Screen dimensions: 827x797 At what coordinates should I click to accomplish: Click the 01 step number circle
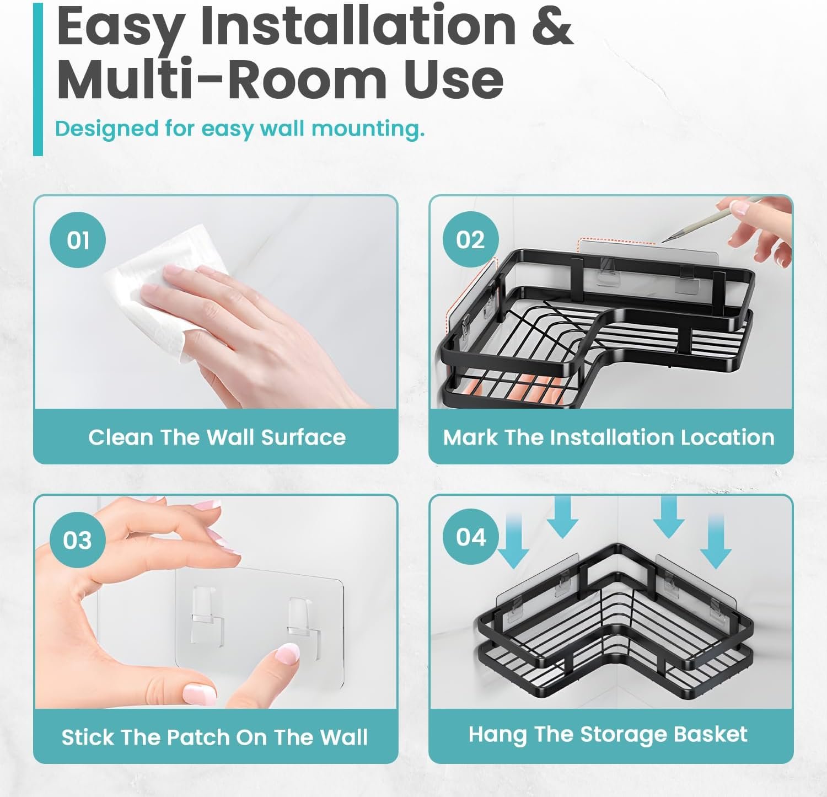(x=78, y=240)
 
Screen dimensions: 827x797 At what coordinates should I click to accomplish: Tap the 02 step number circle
(x=471, y=240)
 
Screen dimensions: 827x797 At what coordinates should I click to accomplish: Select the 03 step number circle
(x=77, y=540)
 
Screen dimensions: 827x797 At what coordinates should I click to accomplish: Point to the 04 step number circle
(x=471, y=537)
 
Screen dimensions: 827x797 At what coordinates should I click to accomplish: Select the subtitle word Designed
(x=106, y=129)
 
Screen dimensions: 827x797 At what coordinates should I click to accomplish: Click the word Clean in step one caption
(x=121, y=437)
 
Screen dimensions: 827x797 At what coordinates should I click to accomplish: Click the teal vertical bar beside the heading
(x=37, y=78)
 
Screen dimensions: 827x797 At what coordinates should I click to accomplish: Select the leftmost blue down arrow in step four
(x=514, y=541)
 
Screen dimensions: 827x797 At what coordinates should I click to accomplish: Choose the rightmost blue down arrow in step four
(x=716, y=541)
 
